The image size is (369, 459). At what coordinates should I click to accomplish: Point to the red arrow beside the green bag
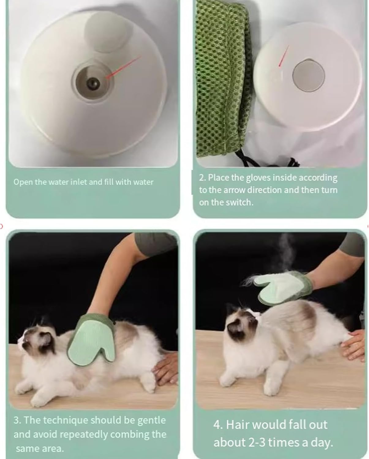pyautogui.click(x=284, y=56)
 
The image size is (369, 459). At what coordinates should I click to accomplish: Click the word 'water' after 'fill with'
pyautogui.click(x=143, y=182)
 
